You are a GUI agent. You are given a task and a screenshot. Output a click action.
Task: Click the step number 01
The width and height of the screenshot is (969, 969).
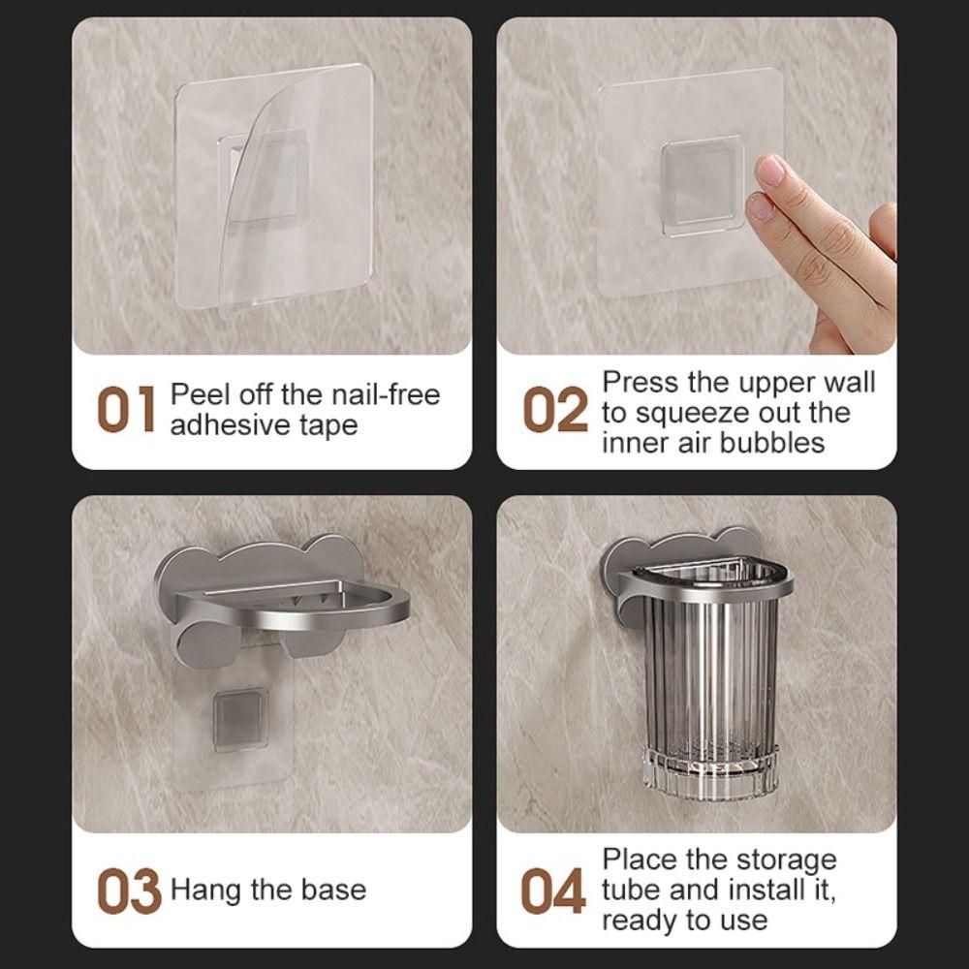[x=125, y=411]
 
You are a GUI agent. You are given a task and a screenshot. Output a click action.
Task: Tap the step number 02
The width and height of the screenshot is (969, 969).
[x=555, y=411]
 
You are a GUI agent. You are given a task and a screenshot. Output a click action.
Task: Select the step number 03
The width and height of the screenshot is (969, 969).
[x=128, y=891]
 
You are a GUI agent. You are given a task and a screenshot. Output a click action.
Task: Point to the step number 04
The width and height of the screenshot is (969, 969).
[x=553, y=891]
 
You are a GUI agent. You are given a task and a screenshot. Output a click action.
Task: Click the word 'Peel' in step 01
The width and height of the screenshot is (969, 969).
[x=198, y=395]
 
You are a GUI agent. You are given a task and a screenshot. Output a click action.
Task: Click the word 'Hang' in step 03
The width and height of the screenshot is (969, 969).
[x=205, y=891]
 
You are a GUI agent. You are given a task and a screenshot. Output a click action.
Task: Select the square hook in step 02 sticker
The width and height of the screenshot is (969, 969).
[x=703, y=184]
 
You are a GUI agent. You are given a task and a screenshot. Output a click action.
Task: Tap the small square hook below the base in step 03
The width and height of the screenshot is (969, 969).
[x=240, y=719]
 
